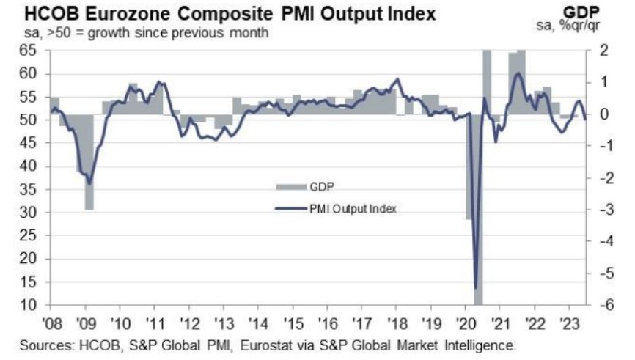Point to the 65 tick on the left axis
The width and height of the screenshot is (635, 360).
(27, 51)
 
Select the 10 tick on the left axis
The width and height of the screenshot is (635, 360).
(27, 305)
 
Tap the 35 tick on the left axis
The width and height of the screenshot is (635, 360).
(27, 189)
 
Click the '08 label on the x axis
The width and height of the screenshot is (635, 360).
(51, 321)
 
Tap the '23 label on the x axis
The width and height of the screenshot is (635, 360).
(568, 321)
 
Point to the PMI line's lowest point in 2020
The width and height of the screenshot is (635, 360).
(476, 287)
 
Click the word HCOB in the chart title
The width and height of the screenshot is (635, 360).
(36, 13)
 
